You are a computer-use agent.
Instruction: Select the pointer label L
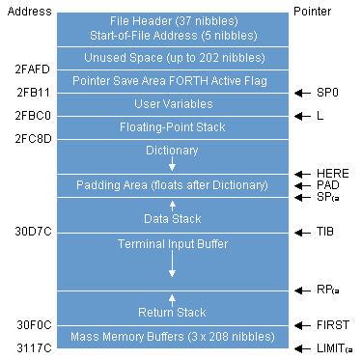(320, 116)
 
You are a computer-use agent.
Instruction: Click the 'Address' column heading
(27, 10)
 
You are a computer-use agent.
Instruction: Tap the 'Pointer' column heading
(315, 10)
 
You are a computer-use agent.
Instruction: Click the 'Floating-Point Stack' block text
(172, 127)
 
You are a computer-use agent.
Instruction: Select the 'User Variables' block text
(172, 104)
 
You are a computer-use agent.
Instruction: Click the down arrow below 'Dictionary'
(172, 165)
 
